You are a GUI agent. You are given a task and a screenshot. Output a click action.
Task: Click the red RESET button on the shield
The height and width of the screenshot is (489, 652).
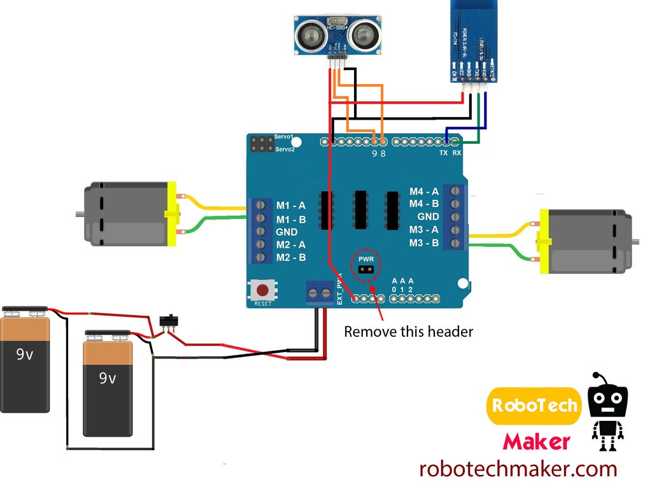[x=262, y=291]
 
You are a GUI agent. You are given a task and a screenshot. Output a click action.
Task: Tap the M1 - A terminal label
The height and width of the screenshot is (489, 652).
[x=291, y=206]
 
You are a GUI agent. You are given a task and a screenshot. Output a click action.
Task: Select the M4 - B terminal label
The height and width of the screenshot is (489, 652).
[x=424, y=204]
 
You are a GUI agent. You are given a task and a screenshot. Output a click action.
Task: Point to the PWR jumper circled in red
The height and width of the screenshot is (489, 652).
[x=365, y=268]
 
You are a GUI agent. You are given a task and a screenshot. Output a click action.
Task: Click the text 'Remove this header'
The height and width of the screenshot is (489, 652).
[x=409, y=332]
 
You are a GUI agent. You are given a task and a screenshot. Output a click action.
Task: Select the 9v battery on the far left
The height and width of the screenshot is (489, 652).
[x=25, y=360]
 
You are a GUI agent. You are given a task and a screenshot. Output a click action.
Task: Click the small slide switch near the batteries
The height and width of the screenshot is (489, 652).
[x=168, y=320]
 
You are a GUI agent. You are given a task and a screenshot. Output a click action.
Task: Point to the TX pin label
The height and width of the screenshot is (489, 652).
[x=444, y=153]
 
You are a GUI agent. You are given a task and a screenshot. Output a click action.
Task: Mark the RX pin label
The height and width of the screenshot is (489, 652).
[x=457, y=153]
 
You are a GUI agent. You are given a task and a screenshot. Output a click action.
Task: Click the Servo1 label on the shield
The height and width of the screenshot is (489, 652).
[x=284, y=137]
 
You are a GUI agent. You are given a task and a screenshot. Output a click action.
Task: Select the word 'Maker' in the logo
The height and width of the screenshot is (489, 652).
[x=536, y=441]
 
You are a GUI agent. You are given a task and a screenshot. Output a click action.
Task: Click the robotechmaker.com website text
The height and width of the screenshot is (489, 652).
[x=518, y=469]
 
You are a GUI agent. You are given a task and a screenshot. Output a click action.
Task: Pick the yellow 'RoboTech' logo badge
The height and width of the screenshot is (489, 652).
[x=534, y=406]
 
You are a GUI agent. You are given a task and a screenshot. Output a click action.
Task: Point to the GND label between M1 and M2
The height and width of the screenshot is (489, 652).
[x=287, y=232]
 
